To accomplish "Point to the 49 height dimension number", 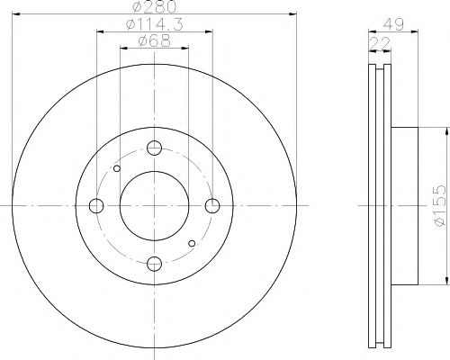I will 394,25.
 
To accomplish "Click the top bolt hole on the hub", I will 154,148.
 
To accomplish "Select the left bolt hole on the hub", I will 97,205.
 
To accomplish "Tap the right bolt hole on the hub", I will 211,205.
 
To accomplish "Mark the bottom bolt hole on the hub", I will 154,262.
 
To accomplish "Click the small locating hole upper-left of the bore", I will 117,168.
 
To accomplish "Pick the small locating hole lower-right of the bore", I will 192,243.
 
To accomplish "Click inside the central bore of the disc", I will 154,205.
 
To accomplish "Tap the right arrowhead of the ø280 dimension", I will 292,15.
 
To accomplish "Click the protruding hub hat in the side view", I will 406,205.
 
